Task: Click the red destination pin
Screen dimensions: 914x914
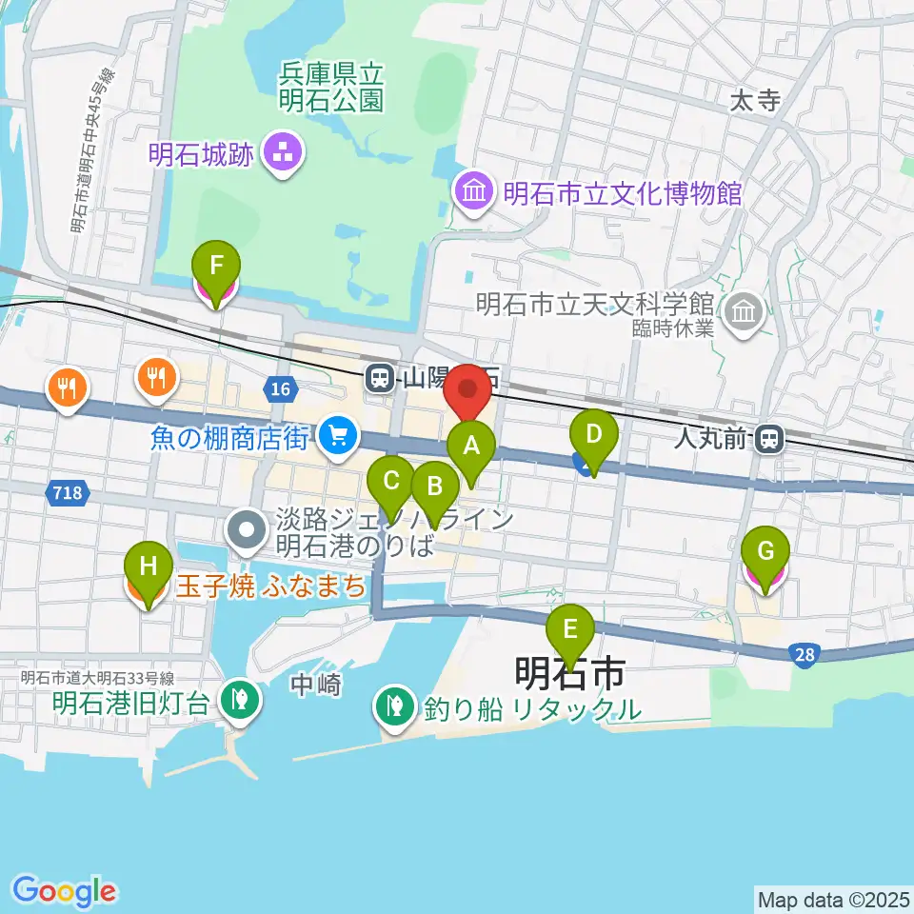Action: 467,391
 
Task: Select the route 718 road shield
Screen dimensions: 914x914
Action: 68,492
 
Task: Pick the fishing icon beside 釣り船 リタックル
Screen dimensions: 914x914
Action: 391,706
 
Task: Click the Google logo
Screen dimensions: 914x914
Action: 64,891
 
